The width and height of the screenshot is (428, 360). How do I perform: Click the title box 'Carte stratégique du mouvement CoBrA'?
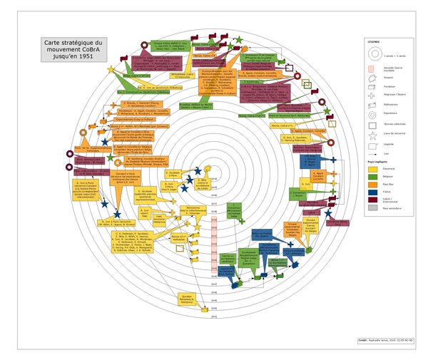pos(73,50)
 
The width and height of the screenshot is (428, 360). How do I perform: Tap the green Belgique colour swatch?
pos(372,175)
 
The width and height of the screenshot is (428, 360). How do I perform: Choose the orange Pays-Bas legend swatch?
pos(372,184)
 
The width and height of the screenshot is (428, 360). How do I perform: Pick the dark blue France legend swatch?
pos(372,192)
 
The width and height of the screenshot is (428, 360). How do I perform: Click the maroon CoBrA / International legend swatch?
pos(372,200)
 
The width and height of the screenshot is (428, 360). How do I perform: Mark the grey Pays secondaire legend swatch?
pos(372,208)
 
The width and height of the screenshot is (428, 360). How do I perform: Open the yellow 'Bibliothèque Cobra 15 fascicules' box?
pos(183,74)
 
